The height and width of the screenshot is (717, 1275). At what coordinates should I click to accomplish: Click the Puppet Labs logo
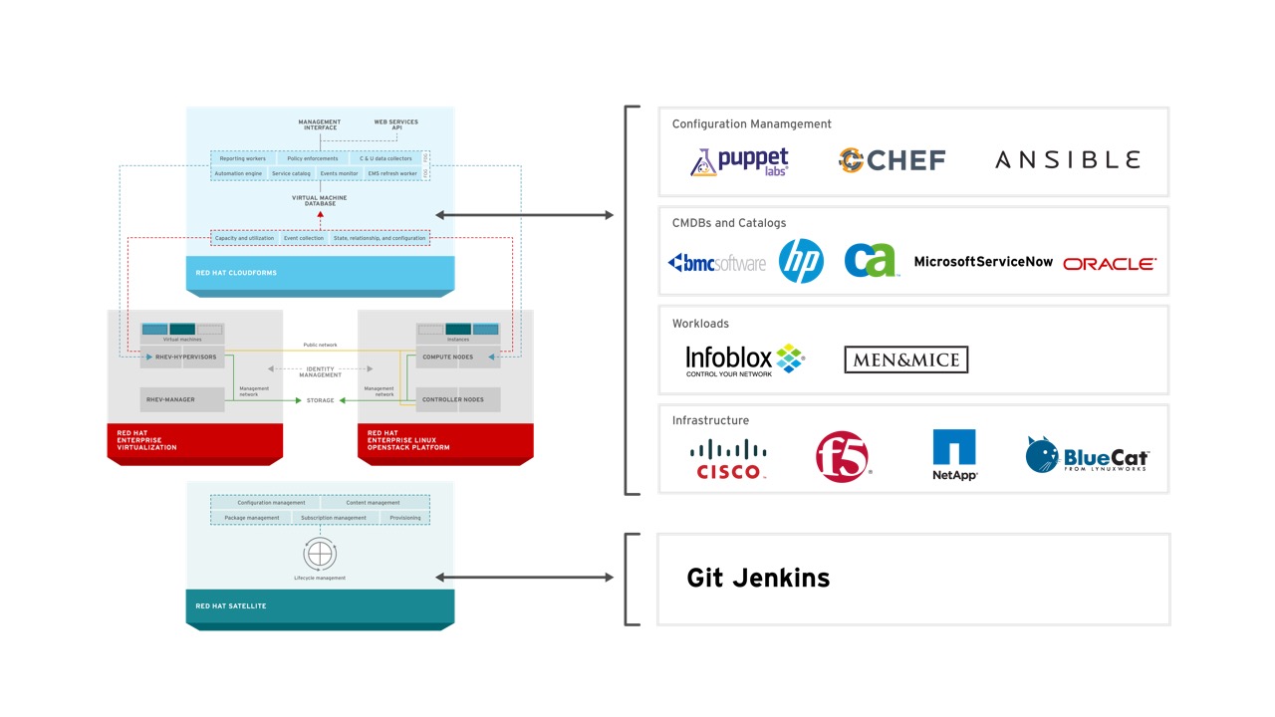[x=739, y=161]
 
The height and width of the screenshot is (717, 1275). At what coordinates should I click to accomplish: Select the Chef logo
[x=892, y=160]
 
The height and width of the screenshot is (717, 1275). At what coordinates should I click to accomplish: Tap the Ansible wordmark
[x=1067, y=159]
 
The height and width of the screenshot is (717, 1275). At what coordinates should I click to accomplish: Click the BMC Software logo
[x=716, y=263]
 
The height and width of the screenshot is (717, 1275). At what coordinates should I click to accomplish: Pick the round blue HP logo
[x=801, y=261]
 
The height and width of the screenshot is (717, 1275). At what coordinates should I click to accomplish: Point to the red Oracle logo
[x=1109, y=264]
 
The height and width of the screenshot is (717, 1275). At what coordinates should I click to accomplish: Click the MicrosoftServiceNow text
[x=983, y=262]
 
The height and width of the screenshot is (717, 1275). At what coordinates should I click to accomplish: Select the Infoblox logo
[x=744, y=359]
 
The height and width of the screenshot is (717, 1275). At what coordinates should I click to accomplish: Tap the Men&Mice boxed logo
[x=905, y=359]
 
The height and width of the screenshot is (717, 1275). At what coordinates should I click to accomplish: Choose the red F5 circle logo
[x=842, y=457]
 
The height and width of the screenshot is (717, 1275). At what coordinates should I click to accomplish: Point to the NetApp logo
[x=954, y=455]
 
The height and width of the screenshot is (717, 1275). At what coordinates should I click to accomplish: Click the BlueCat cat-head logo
[x=1043, y=456]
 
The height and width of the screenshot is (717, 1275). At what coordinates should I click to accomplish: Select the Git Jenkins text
[x=758, y=578]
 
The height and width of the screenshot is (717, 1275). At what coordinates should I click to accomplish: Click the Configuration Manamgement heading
[x=751, y=124]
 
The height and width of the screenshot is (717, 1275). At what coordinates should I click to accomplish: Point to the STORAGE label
[x=321, y=400]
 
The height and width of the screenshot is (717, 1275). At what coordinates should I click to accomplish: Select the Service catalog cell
[x=291, y=173]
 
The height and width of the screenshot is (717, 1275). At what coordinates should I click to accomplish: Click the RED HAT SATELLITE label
[x=231, y=605]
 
